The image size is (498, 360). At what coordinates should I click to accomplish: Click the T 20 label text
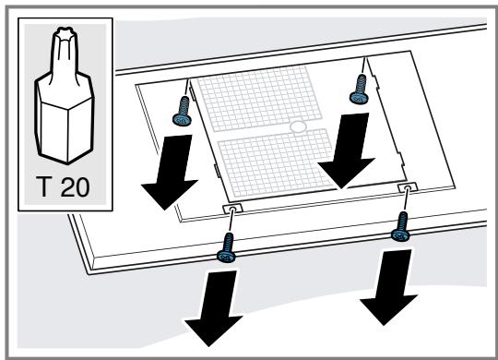[x=63, y=186]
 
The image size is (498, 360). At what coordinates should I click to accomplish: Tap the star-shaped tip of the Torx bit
[x=65, y=34]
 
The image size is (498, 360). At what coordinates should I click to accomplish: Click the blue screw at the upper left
[x=183, y=112]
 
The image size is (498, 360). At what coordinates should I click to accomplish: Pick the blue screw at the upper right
[x=359, y=89]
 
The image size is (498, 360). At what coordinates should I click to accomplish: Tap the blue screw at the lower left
[x=227, y=247]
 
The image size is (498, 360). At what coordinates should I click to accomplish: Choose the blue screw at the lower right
[x=401, y=226]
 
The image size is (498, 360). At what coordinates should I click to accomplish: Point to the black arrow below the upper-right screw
[x=347, y=150]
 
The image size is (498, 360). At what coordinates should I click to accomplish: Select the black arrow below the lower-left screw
[x=214, y=307]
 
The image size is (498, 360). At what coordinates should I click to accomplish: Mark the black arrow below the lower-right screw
[x=389, y=287]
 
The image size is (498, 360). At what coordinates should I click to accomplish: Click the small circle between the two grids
[x=298, y=126]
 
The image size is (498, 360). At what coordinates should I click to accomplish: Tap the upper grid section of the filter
[x=258, y=98]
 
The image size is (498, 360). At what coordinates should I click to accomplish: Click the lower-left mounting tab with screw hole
[x=232, y=209]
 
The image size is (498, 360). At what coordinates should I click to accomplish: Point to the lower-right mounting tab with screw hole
[x=408, y=187]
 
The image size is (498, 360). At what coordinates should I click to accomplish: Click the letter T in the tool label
[x=43, y=186]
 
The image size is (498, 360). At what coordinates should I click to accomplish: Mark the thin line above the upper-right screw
[x=363, y=66]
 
